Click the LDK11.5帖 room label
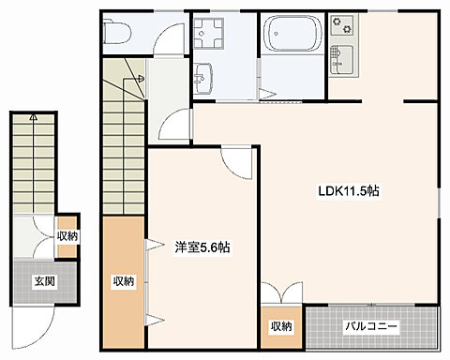(349, 190)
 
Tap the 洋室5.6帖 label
(202, 247)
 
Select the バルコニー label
(371, 327)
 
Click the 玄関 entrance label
(44, 281)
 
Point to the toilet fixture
(116, 32)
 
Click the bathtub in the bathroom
(292, 33)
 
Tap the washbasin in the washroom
(203, 78)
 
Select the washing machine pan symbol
(208, 33)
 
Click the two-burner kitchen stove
(342, 25)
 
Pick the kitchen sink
(342, 60)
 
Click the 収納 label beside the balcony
(281, 326)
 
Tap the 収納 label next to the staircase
(124, 281)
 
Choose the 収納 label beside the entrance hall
(67, 236)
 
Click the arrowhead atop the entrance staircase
(34, 117)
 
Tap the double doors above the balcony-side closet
(282, 292)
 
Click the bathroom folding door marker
(266, 93)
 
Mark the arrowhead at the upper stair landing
(141, 78)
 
